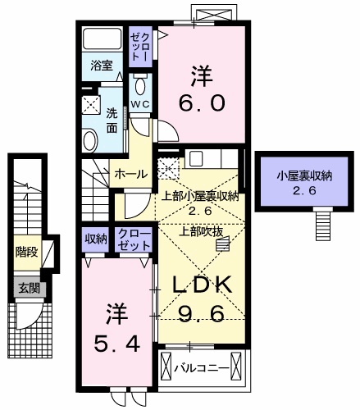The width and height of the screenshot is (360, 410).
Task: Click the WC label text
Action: pyautogui.click(x=140, y=105)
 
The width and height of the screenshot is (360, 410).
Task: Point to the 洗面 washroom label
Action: pyautogui.click(x=112, y=121)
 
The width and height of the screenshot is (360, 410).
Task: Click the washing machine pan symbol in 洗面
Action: pyautogui.click(x=92, y=105)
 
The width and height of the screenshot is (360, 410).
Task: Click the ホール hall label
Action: pyautogui.click(x=131, y=174)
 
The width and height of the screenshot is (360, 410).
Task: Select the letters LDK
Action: pyautogui.click(x=204, y=285)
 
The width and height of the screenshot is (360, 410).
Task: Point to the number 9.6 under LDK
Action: pyautogui.click(x=204, y=312)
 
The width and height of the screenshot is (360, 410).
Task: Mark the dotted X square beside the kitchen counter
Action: pyautogui.click(x=168, y=167)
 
